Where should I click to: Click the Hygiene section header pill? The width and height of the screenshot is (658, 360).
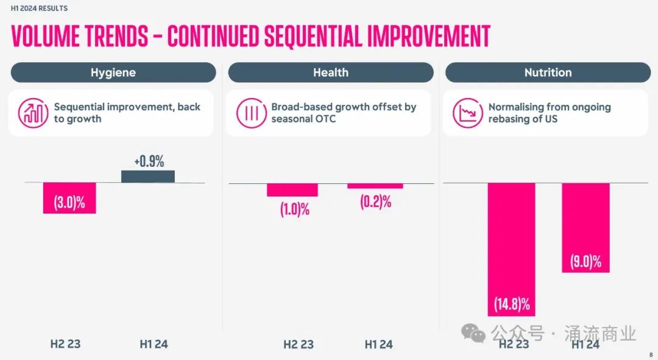[x=113, y=72]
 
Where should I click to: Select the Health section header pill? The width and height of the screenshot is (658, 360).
[x=331, y=72]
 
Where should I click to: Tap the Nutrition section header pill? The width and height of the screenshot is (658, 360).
[x=548, y=72]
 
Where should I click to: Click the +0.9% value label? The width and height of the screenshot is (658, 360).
[x=149, y=162]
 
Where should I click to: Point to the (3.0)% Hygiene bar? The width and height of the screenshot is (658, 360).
[x=69, y=198]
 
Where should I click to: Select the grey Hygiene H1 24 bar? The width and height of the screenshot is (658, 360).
[x=148, y=176]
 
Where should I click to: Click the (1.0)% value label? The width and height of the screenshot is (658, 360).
[x=295, y=210]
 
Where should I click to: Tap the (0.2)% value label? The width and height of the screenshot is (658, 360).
[x=375, y=202]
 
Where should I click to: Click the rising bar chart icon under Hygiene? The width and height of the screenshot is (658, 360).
[x=34, y=113]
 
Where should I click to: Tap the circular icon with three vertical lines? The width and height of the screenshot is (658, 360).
[x=251, y=113]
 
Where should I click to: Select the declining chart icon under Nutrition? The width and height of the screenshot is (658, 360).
[x=468, y=113]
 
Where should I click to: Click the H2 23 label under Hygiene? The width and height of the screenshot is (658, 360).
[x=65, y=344]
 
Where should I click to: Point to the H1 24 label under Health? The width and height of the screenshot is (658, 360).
[x=378, y=344]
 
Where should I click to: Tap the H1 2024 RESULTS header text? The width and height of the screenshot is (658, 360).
[x=40, y=9]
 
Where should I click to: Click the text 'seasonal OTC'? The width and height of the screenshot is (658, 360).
[x=303, y=119]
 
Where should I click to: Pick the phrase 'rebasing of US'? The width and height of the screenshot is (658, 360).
[x=523, y=119]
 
